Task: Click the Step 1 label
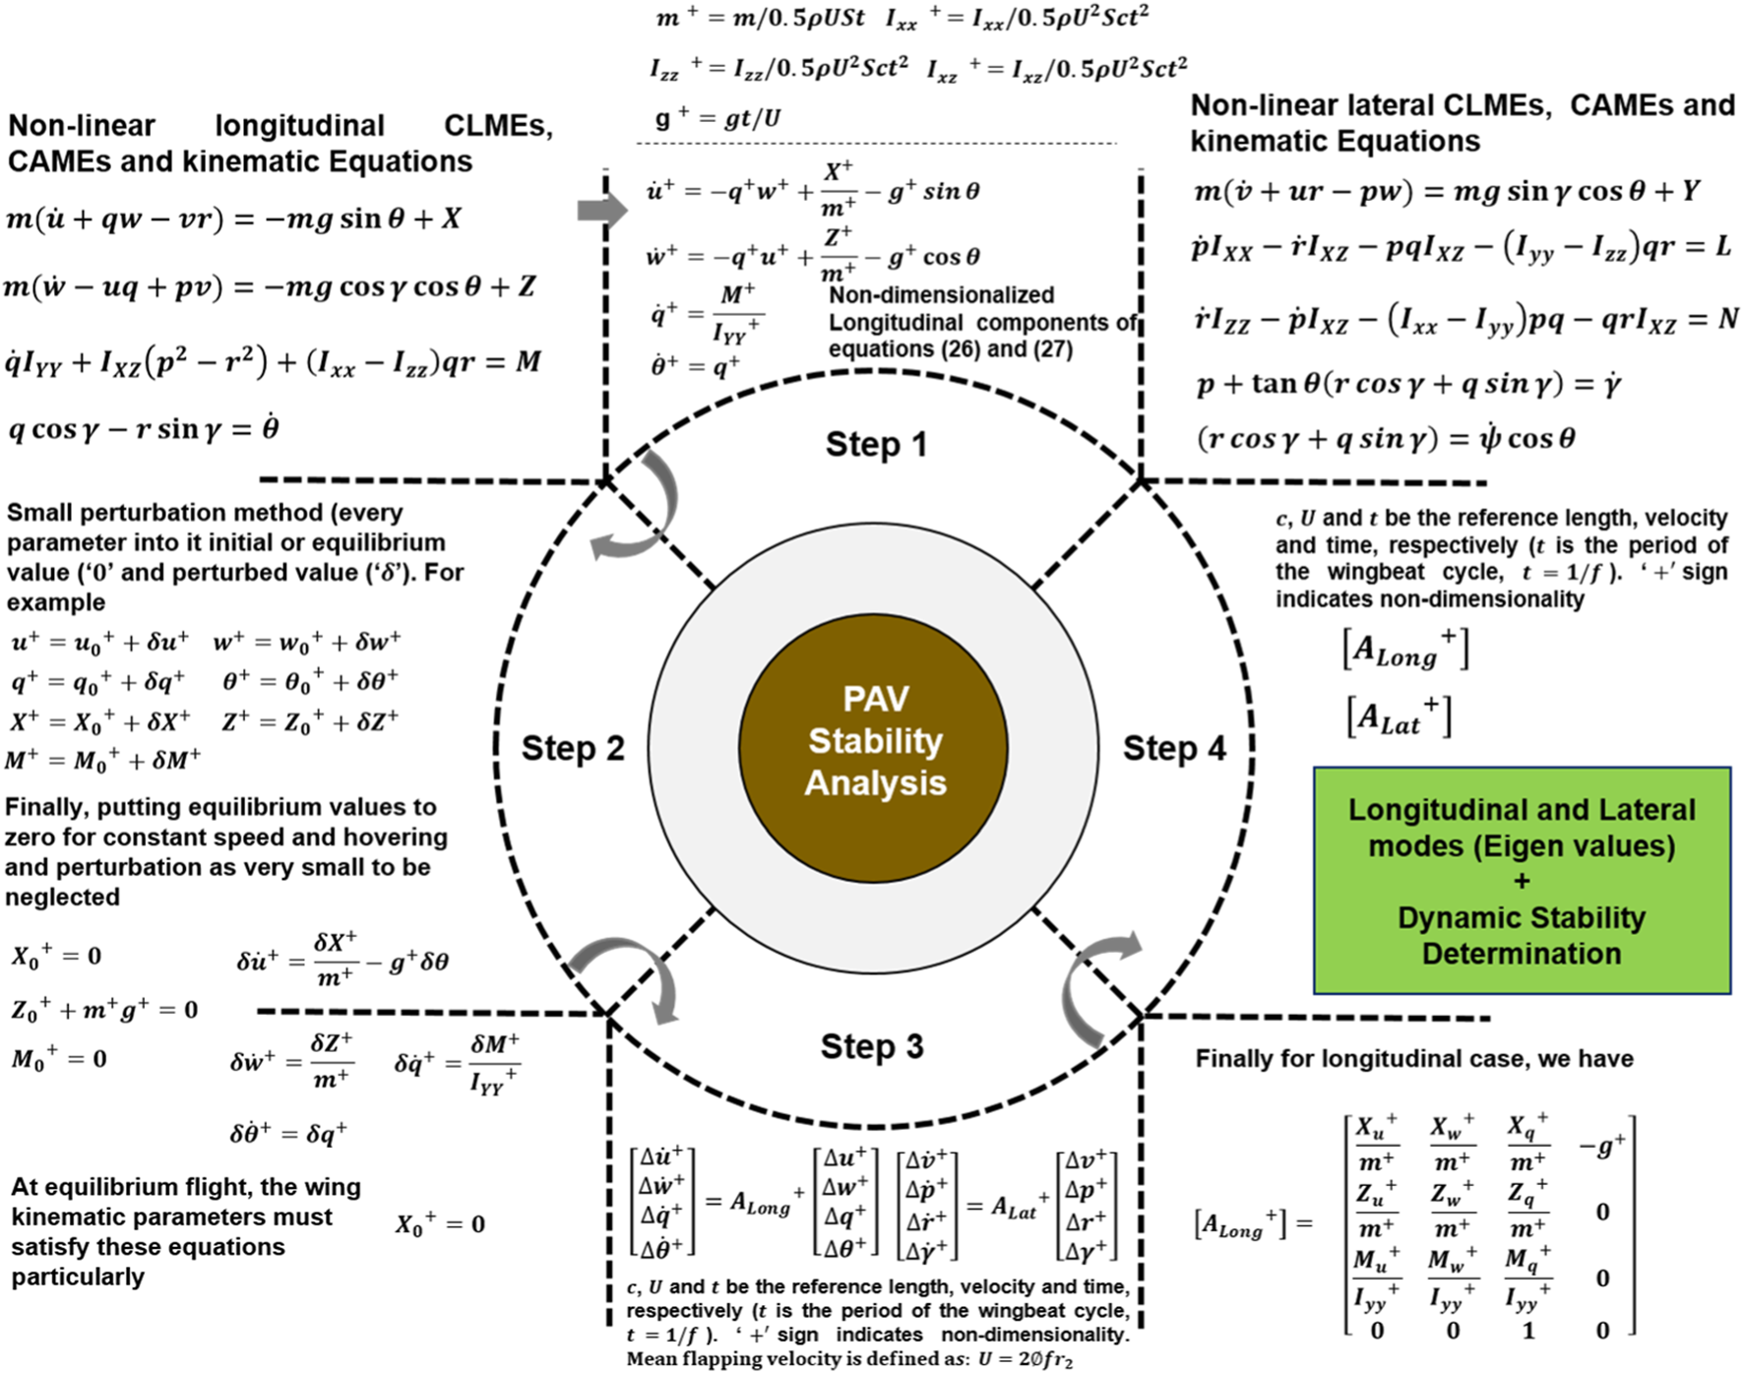[876, 445]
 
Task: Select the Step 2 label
[573, 748]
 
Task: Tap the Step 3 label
[872, 1046]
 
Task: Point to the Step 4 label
[1174, 748]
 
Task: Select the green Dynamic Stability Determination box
[1522, 881]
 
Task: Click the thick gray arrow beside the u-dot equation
[601, 209]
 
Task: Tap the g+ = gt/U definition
[717, 119]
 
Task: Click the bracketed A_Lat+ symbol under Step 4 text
[1399, 718]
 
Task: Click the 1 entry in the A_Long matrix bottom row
[1527, 1331]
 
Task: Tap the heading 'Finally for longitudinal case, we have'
[1413, 1059]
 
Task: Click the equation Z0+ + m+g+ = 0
[104, 1010]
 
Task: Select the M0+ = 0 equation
[59, 1059]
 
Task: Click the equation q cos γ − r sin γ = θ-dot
[144, 429]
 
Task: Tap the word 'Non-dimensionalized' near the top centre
[941, 295]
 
